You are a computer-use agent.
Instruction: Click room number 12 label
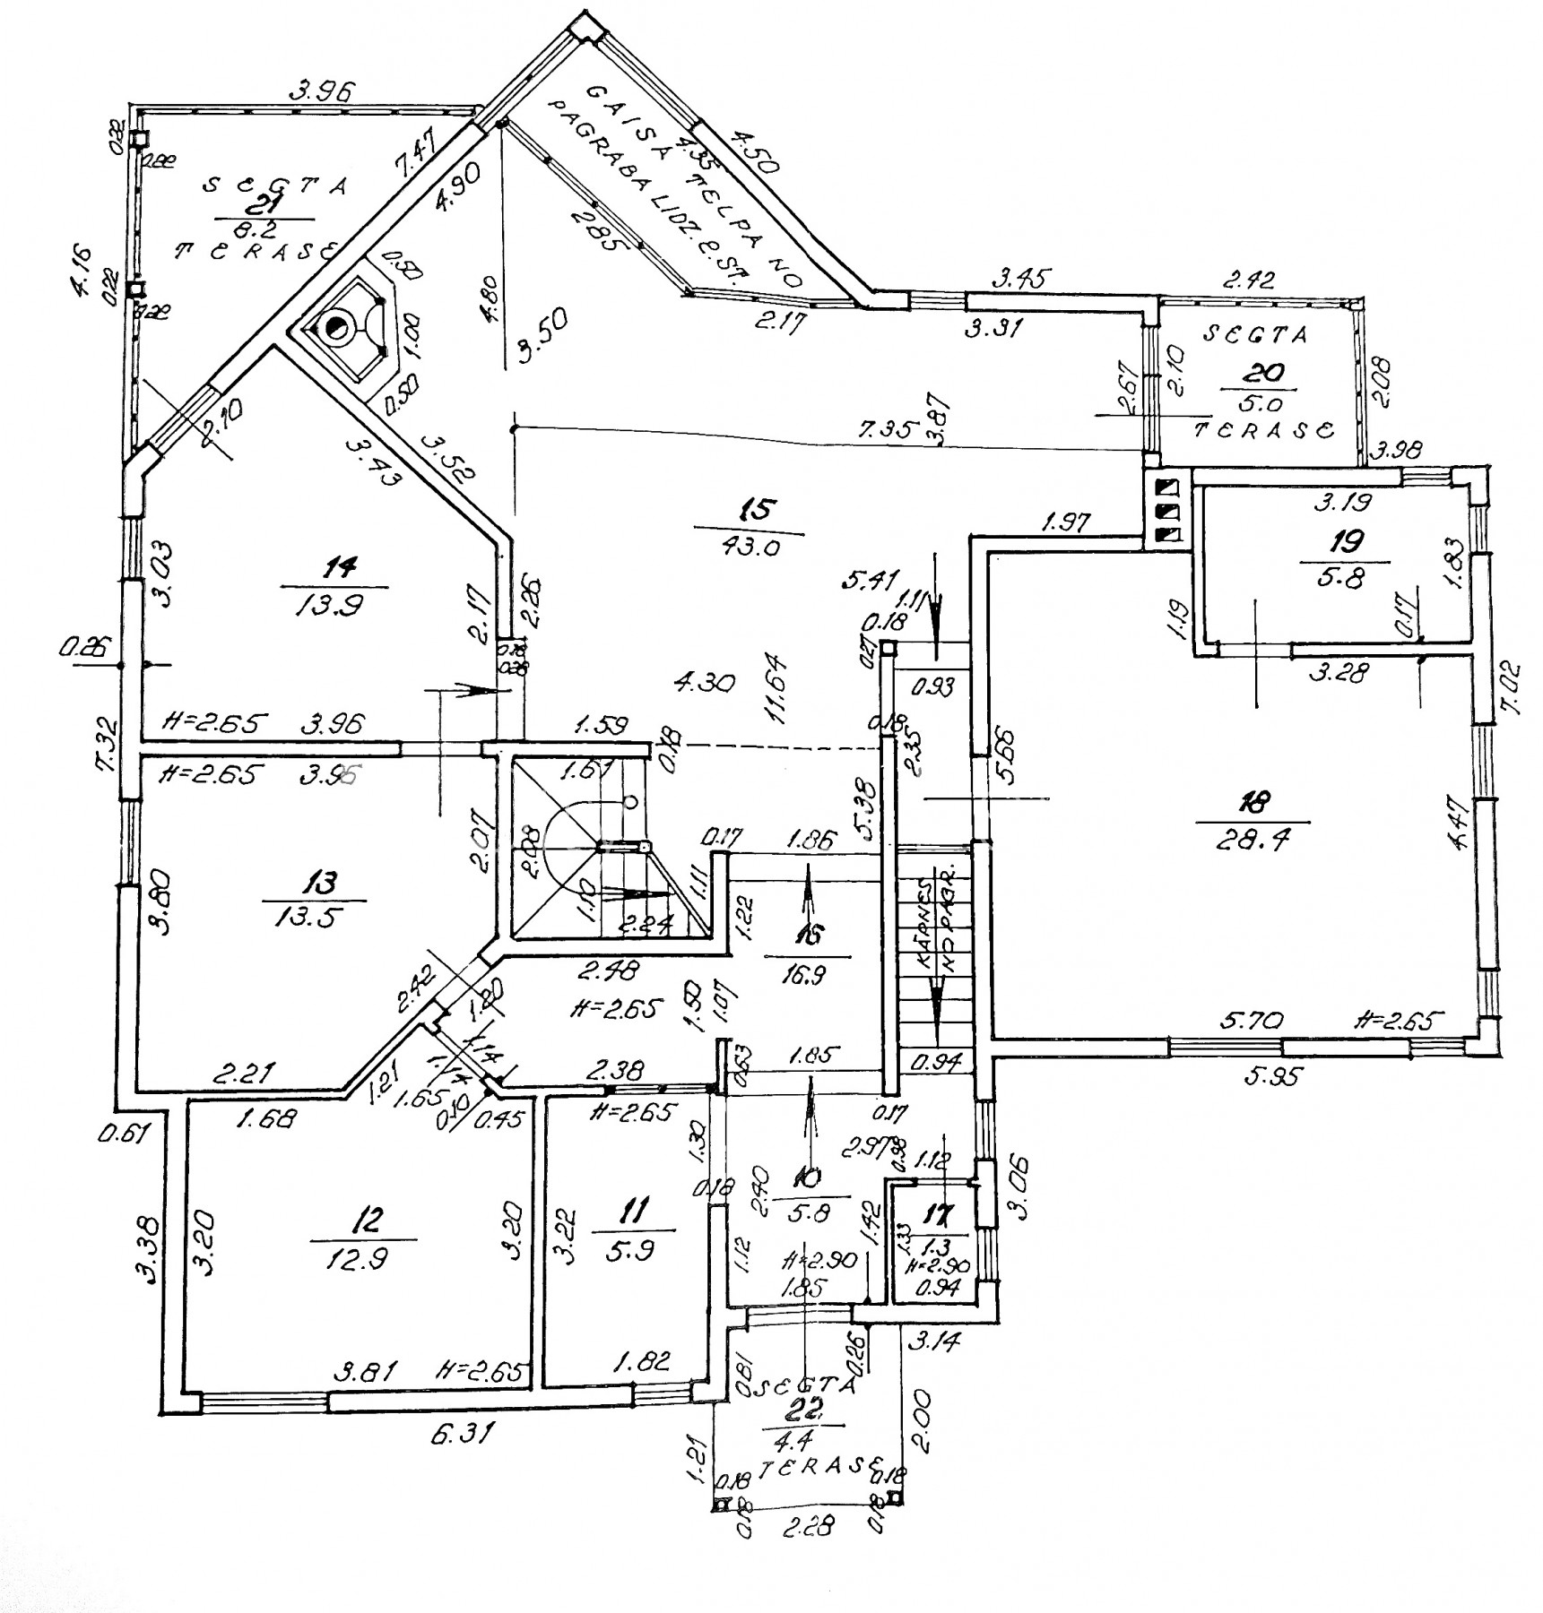[368, 1219]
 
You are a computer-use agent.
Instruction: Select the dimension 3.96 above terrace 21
[323, 90]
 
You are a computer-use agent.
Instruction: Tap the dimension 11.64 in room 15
[776, 689]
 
